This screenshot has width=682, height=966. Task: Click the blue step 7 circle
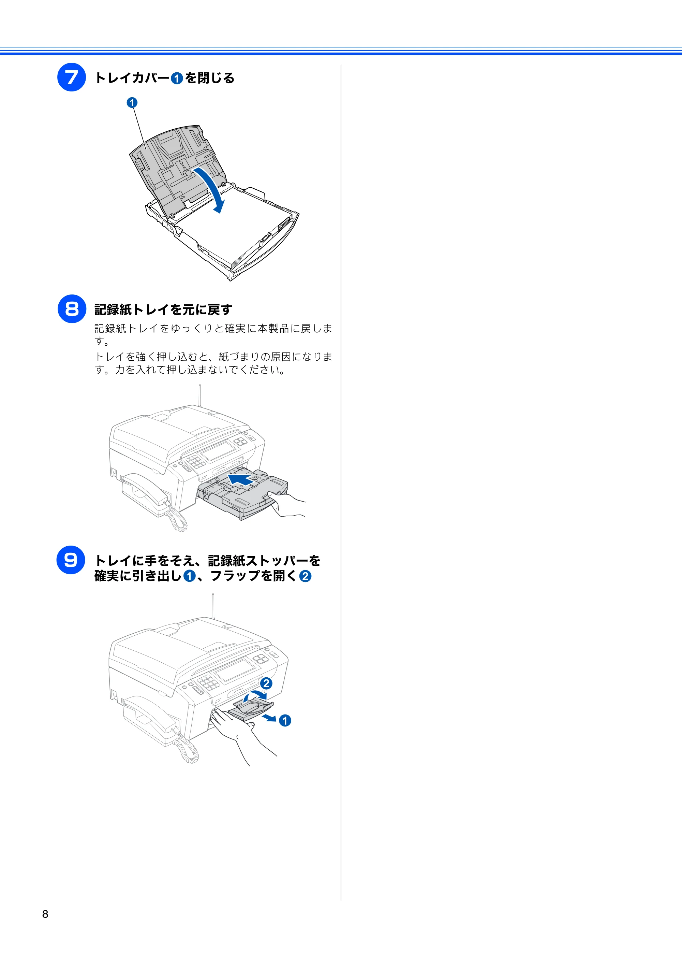(72, 77)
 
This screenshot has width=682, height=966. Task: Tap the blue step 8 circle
(72, 309)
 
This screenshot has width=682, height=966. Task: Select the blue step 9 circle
(71, 560)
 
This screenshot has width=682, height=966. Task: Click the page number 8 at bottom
(45, 914)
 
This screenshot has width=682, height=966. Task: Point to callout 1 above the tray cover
(132, 102)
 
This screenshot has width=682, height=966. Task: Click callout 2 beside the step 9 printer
(266, 683)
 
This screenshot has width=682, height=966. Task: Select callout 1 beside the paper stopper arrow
(285, 721)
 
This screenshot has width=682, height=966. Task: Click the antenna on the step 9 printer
(213, 606)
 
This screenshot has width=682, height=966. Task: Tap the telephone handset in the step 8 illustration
(145, 490)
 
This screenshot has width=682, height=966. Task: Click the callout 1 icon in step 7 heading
(177, 78)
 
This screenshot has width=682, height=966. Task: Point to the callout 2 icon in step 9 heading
(305, 576)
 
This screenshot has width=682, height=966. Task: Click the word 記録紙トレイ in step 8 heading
(132, 309)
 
